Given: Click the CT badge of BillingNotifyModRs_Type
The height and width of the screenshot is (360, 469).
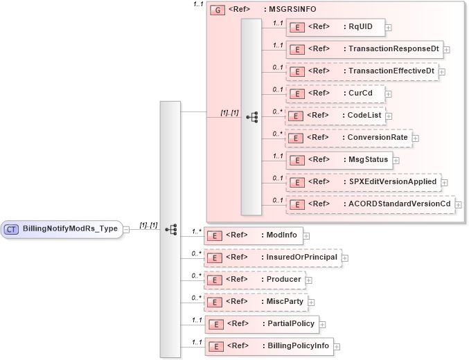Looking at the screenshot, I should [12, 229].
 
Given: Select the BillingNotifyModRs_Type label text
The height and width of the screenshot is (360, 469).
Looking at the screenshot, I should [70, 229].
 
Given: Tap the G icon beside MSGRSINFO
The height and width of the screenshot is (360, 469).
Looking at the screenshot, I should [216, 11].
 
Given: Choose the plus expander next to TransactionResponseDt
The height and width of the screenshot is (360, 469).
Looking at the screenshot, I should [447, 50].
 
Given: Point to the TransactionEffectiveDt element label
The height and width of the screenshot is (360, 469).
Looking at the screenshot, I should [391, 71].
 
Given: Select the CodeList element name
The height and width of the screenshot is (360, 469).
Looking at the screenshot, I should [365, 116].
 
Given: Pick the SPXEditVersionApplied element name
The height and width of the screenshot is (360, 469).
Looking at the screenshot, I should [393, 182].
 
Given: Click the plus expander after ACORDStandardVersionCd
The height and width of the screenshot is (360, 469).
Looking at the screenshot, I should [458, 205].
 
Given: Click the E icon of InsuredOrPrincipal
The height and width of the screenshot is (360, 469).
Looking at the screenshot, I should [215, 258].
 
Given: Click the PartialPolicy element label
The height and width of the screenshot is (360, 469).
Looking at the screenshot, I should [288, 324].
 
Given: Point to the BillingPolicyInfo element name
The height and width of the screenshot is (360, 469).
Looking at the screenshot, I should [295, 346].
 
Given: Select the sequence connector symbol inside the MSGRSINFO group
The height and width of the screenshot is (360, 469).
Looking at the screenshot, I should [251, 117].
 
